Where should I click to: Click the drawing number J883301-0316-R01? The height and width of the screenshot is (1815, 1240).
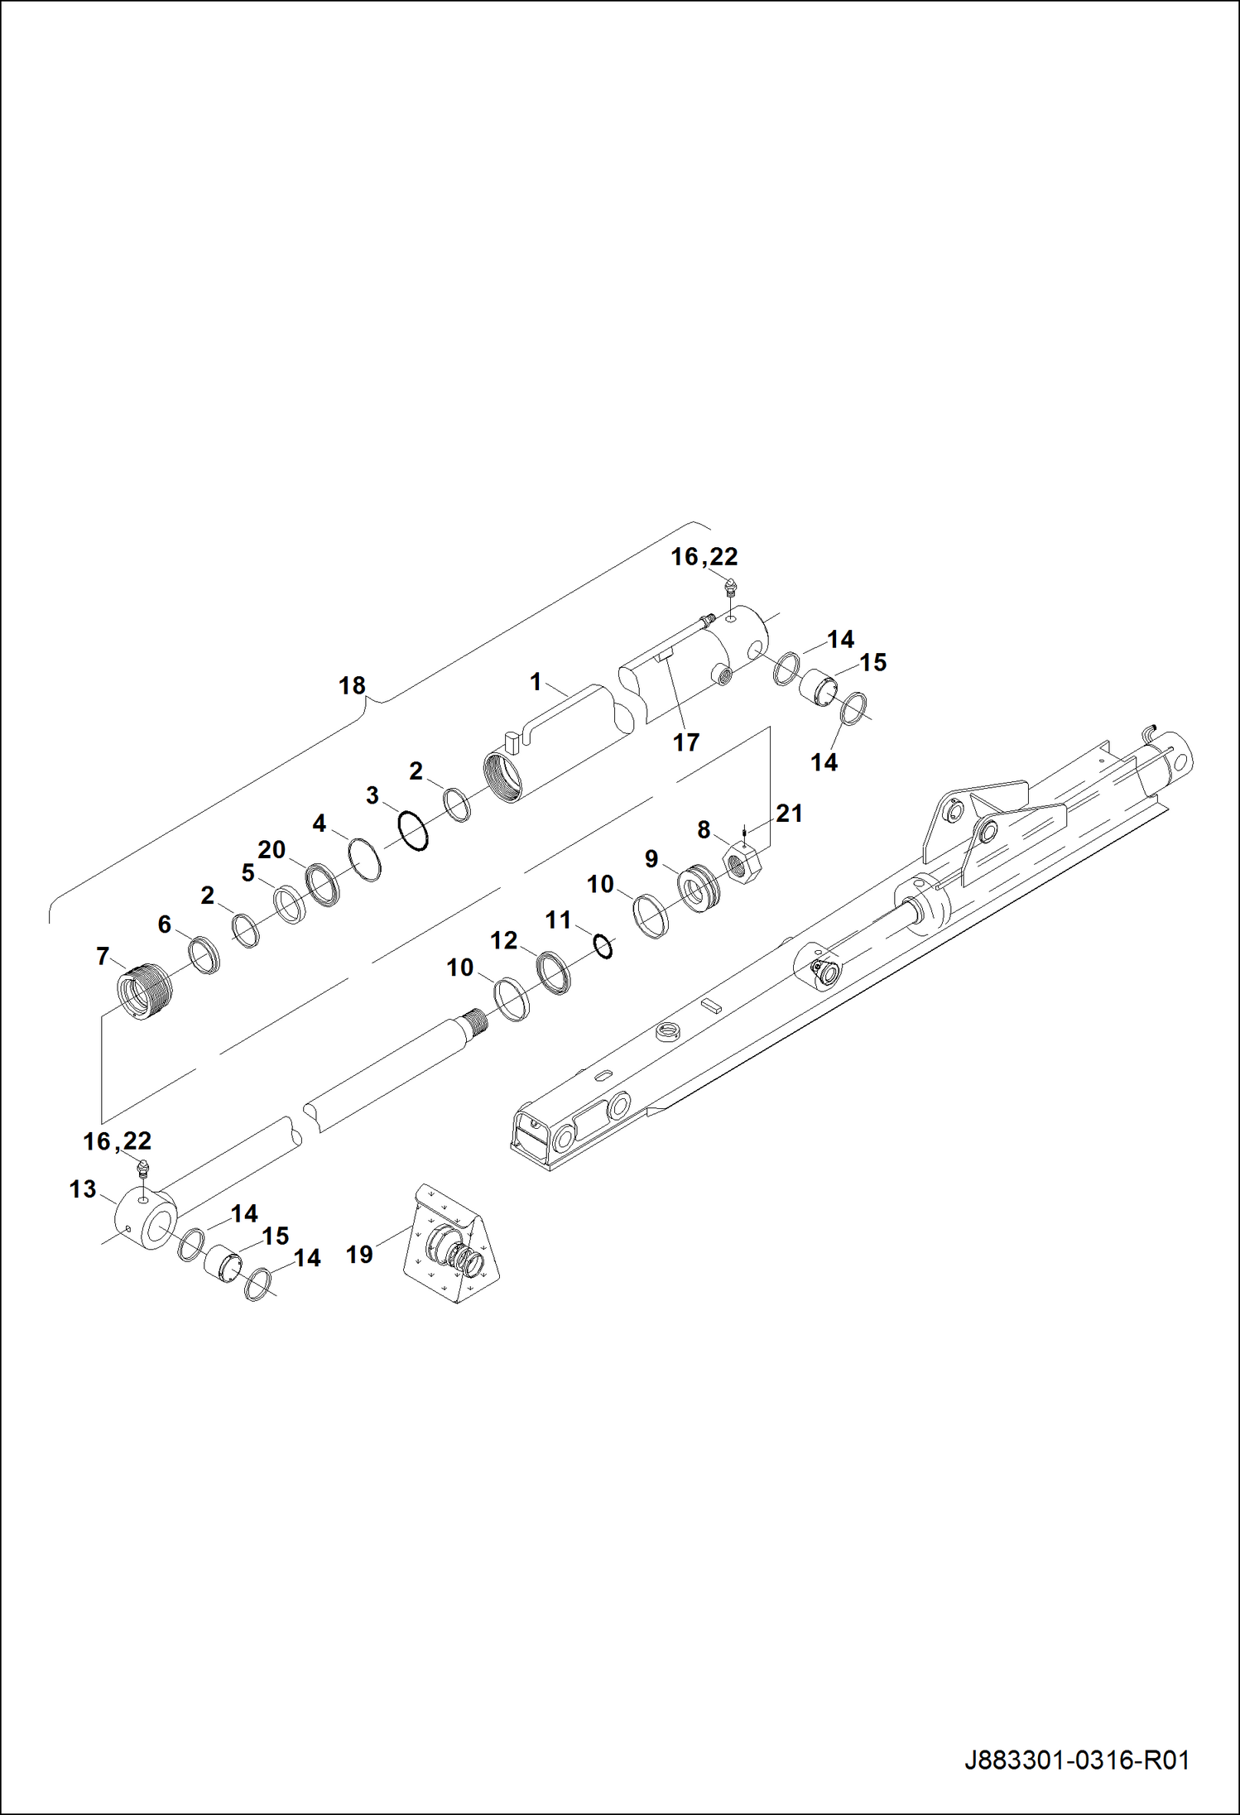coord(1077,1760)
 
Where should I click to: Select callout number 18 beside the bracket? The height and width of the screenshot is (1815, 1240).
coord(352,685)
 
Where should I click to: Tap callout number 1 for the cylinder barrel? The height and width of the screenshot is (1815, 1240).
coord(536,682)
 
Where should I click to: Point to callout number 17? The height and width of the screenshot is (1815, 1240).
coord(685,742)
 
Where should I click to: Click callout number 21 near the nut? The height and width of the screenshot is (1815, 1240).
coord(789,814)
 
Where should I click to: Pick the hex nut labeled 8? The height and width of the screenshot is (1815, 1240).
coord(743,862)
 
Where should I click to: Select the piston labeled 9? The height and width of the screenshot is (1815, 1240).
coord(699,887)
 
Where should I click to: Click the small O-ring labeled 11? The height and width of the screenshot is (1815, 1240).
coord(604,946)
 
